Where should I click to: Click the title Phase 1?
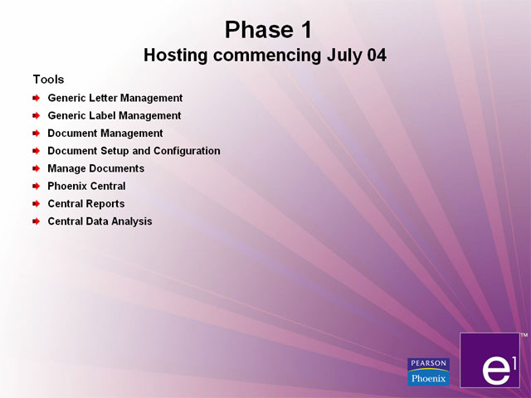tap(268, 30)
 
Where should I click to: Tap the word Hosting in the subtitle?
tap(175, 56)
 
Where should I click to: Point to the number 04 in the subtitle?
tap(377, 56)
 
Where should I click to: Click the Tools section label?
tap(48, 80)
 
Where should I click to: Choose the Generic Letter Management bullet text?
tap(115, 98)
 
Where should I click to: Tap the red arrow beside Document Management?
tap(37, 133)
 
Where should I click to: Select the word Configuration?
tap(187, 151)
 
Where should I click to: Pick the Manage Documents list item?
tap(96, 168)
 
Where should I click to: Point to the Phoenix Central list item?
tap(86, 186)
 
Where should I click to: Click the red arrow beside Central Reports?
tap(37, 204)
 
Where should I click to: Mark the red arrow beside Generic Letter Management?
tap(37, 98)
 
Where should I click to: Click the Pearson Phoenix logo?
tap(428, 372)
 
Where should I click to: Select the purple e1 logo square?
tap(490, 360)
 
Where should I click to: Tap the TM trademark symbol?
tap(524, 335)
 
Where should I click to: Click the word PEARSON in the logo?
tap(428, 363)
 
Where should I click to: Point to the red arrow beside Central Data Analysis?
tap(37, 221)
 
